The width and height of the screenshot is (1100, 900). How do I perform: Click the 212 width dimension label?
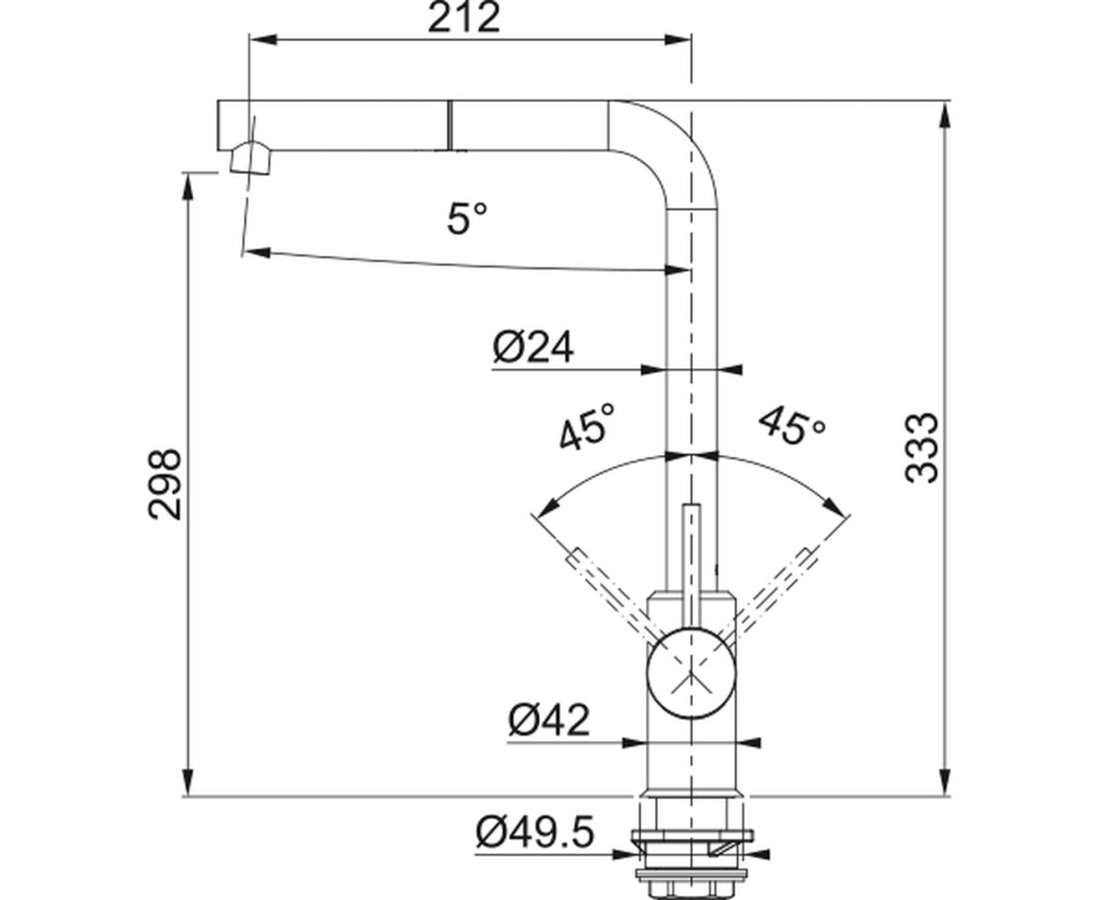pos(464,18)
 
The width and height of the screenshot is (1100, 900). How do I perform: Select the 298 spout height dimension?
pos(165,484)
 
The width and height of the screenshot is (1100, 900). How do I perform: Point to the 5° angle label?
pos(467,218)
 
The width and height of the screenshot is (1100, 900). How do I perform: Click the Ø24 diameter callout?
pos(533,346)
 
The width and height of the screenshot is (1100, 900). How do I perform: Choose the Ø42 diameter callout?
pos(549,720)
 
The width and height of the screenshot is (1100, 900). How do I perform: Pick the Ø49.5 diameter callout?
pos(534,832)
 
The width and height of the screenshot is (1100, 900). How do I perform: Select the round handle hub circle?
pos(691,672)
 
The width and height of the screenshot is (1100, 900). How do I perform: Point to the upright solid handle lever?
pos(691,566)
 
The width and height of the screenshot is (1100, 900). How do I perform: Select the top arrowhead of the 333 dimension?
pos(944,115)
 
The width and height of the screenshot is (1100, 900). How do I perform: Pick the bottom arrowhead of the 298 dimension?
pos(188,782)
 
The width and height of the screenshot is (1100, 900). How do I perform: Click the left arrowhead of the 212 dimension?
pos(264,40)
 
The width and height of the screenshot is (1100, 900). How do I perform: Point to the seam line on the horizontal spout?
pos(449,125)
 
